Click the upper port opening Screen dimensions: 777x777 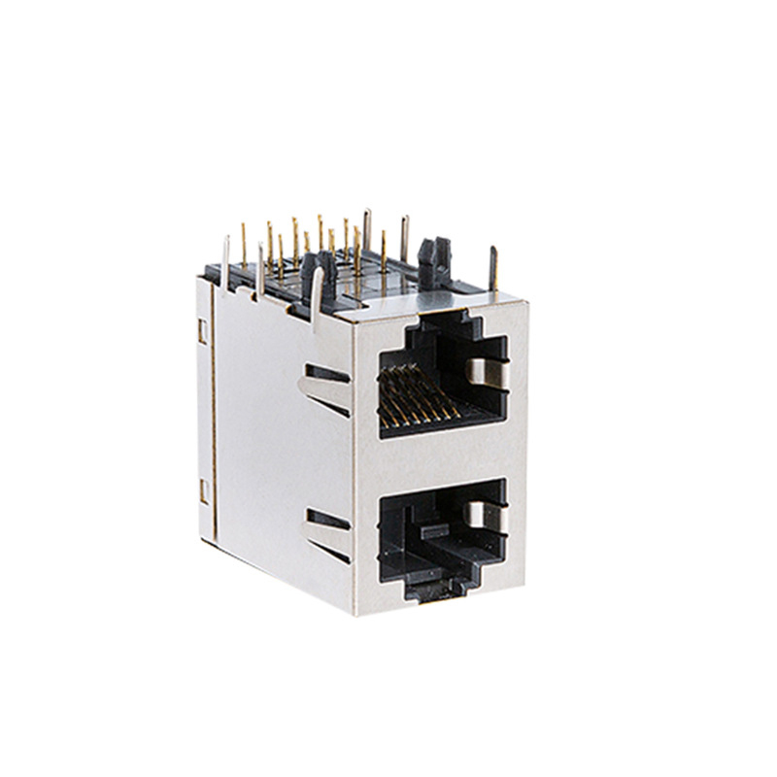coord(442,379)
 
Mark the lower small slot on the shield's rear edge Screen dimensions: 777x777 coord(203,490)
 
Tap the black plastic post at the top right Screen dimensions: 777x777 coord(431,254)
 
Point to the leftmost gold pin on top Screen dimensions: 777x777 coord(243,243)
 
